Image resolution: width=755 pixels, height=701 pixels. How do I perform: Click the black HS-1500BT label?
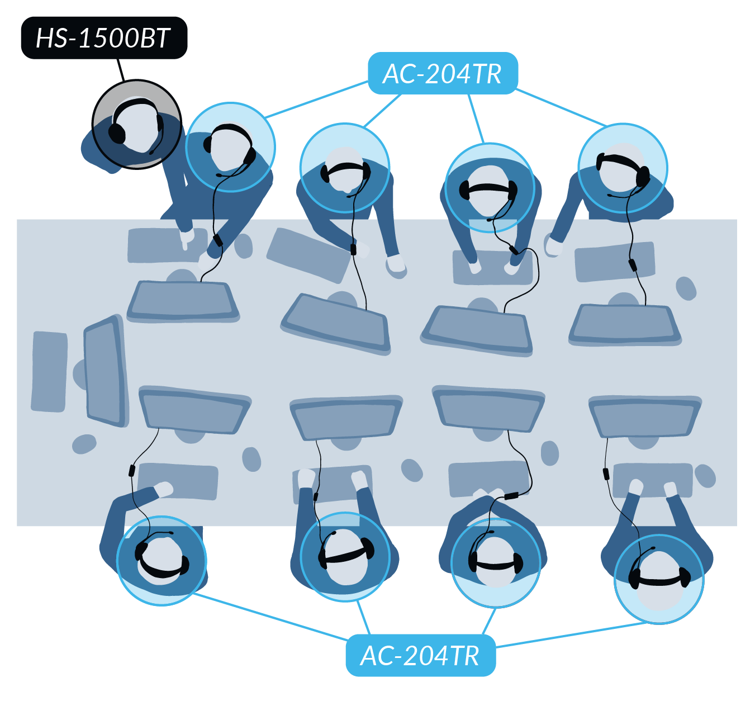[104, 37]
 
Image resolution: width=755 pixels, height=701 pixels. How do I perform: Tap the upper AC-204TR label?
[443, 73]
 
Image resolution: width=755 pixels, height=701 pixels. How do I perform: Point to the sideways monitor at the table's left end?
[106, 371]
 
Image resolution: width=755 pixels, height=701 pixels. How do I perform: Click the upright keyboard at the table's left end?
[49, 372]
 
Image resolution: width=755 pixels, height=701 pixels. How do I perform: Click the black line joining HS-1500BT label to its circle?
[121, 70]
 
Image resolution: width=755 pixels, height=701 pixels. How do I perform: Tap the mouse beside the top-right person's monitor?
[686, 288]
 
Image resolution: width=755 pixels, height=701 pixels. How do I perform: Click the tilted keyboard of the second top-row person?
[308, 255]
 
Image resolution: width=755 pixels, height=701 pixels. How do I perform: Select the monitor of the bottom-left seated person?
[194, 410]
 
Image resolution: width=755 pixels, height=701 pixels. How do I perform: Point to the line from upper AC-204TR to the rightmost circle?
[561, 108]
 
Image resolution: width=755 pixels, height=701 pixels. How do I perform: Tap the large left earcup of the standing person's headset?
[116, 133]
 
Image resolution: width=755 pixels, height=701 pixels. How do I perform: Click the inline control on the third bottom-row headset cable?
[511, 496]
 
